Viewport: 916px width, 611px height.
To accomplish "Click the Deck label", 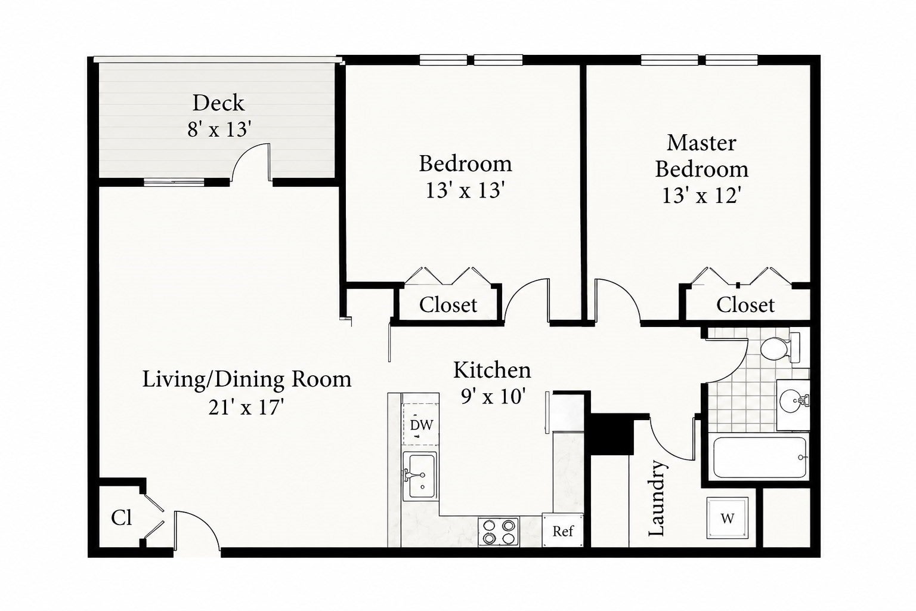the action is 218,103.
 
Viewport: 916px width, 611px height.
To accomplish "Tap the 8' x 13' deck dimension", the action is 219,129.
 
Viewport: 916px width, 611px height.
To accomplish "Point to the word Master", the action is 701,143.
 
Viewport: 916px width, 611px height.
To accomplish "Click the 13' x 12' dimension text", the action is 701,196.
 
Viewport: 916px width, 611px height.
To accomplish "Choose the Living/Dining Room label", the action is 246,379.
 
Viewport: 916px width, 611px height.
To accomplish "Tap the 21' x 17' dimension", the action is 246,407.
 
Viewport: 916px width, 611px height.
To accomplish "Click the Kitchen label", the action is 492,370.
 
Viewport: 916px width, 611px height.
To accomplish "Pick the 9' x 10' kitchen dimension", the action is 493,396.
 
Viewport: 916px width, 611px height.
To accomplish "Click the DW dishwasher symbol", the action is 421,424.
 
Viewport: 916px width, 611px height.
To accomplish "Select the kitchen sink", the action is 420,476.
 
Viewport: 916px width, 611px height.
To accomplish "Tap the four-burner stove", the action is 498,531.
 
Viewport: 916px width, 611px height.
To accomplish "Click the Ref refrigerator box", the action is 563,530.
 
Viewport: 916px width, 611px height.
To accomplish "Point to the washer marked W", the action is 728,518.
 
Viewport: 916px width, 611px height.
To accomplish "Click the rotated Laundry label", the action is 657,498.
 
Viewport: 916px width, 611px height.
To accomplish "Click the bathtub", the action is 759,457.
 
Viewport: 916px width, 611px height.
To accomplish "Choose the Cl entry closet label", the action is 122,518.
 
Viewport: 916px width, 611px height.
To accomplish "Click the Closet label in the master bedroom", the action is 745,305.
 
